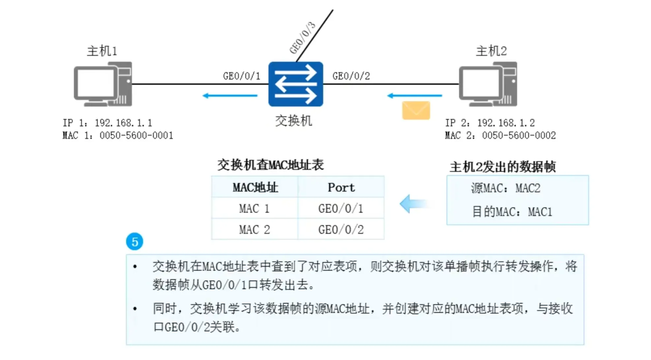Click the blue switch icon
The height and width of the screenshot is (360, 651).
[x=295, y=84]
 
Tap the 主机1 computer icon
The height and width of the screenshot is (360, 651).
[x=103, y=84]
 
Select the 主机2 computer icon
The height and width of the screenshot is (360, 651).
[x=488, y=84]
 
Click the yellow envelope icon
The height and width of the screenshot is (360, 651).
[x=416, y=110]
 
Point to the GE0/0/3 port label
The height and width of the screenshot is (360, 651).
[x=302, y=38]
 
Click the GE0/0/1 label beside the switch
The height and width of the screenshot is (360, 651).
[x=242, y=76]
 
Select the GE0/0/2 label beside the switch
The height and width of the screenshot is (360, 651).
[x=351, y=76]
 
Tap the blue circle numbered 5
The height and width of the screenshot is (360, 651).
[x=134, y=241]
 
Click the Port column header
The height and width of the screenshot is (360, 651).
[x=341, y=187]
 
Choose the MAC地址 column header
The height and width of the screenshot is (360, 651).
[x=255, y=187]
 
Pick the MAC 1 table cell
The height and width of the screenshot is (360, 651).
[x=254, y=208]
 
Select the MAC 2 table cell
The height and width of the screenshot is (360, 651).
[x=254, y=230]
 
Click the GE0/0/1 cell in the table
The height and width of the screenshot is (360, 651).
[x=341, y=208]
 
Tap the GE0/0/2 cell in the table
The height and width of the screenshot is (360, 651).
[x=341, y=230]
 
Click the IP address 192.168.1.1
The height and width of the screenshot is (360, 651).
[x=123, y=123]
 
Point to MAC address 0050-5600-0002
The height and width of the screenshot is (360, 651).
[x=519, y=135]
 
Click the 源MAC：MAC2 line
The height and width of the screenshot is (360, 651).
[x=506, y=188]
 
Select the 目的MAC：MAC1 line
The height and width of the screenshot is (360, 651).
[x=512, y=212]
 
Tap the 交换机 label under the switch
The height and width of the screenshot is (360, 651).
[x=293, y=121]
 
